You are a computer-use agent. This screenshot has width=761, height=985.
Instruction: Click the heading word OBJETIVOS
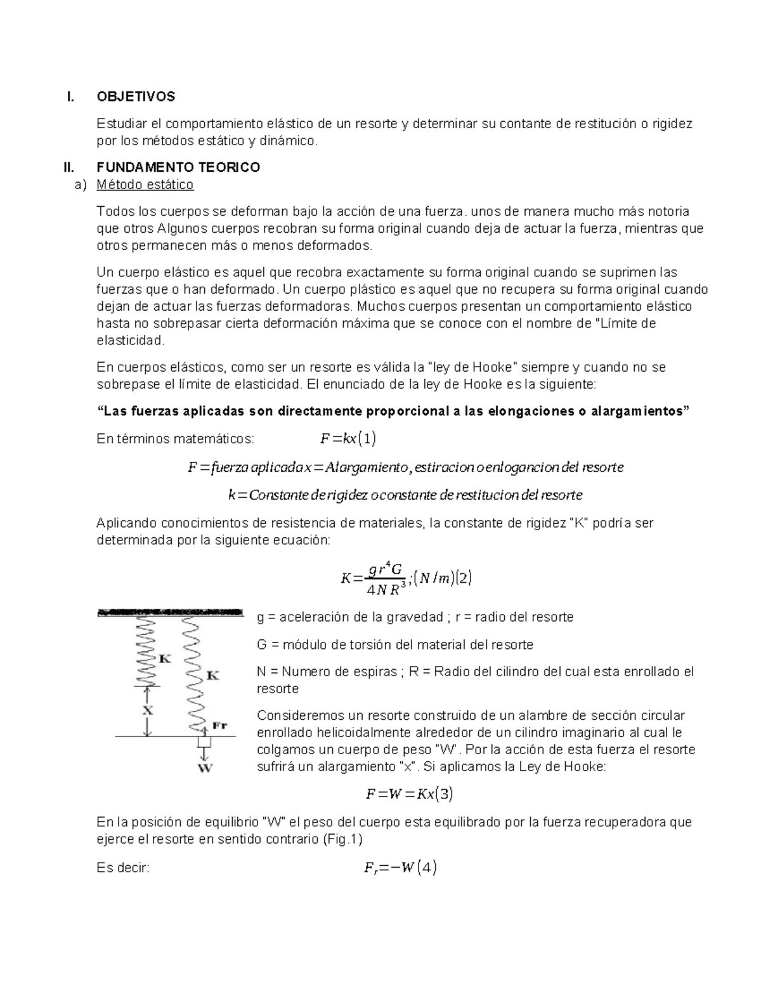point(136,96)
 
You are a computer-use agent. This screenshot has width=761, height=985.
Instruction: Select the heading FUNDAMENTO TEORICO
point(178,167)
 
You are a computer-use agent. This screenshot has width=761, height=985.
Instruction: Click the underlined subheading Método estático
point(145,185)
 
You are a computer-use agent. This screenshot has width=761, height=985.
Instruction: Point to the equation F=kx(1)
point(348,438)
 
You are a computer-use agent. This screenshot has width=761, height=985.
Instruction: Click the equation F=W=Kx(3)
point(409,793)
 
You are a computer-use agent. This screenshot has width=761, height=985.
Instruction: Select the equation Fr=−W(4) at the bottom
point(400,868)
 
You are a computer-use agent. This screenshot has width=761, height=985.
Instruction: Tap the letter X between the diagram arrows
point(147,710)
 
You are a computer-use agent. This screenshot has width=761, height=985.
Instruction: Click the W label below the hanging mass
point(205,768)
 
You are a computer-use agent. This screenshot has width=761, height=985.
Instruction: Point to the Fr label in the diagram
point(219,725)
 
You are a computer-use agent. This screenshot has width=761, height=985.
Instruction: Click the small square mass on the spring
point(204,741)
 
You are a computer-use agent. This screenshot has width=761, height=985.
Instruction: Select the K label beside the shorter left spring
point(164,658)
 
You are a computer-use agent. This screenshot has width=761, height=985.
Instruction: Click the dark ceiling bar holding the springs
point(170,613)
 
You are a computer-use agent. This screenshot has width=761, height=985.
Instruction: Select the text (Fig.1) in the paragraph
point(342,839)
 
